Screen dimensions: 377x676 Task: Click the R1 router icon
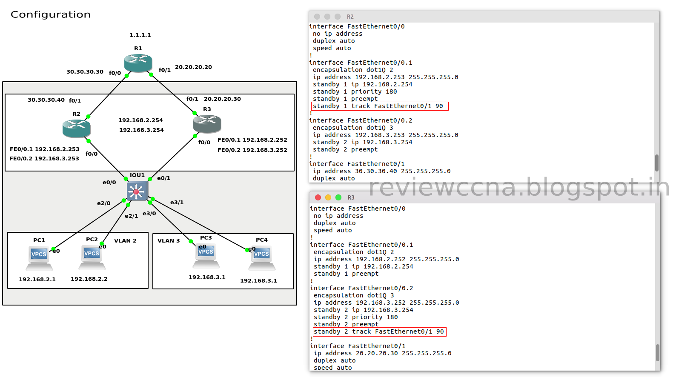click(138, 63)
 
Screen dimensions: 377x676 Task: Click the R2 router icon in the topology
click(76, 129)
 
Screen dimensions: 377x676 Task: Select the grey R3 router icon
click(207, 124)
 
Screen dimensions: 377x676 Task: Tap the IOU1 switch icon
click(137, 191)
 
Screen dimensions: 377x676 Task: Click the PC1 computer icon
click(39, 259)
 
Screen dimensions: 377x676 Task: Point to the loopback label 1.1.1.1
click(140, 35)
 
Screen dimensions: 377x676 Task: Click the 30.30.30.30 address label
click(85, 72)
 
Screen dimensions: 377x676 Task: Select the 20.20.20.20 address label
click(193, 67)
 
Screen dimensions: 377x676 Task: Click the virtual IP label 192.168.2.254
click(140, 120)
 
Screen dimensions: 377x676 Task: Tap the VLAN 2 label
click(125, 241)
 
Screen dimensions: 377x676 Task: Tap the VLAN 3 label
click(169, 241)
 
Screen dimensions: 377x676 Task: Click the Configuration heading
click(51, 14)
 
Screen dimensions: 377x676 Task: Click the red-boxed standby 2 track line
click(379, 331)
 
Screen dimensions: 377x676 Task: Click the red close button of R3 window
click(318, 197)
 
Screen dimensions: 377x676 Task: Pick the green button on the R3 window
click(338, 197)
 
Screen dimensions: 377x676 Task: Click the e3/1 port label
click(177, 203)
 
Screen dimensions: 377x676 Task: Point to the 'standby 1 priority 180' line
click(355, 91)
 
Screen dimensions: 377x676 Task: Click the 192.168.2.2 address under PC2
click(89, 279)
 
